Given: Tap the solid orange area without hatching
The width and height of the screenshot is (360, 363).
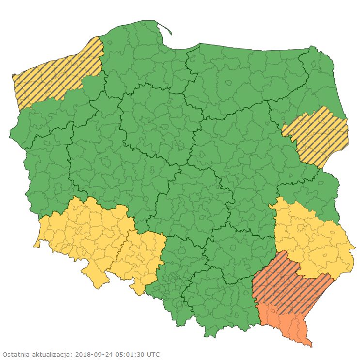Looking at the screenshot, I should [286, 322].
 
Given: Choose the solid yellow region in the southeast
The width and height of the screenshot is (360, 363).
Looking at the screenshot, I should [310, 237].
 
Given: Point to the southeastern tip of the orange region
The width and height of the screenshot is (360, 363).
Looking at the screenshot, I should [310, 345].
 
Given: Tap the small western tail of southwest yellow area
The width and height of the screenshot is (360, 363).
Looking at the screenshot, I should [35, 245].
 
